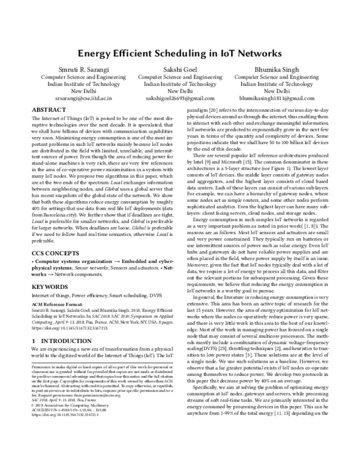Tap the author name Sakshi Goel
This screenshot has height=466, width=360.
[179, 70]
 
